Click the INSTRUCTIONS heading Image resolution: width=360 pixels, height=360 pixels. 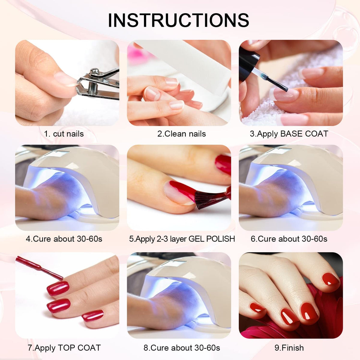[178, 20]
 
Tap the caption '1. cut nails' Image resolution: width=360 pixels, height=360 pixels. [64, 134]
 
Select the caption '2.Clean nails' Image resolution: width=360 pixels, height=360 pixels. [181, 134]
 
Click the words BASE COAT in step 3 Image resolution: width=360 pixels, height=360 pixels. [304, 134]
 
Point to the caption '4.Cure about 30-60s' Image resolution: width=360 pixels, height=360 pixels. [64, 239]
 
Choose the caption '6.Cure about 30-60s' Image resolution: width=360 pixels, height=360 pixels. [289, 239]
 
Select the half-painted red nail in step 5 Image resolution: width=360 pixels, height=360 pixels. [180, 192]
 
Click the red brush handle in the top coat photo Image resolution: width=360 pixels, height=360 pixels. [39, 268]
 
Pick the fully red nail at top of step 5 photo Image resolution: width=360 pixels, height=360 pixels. [223, 165]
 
